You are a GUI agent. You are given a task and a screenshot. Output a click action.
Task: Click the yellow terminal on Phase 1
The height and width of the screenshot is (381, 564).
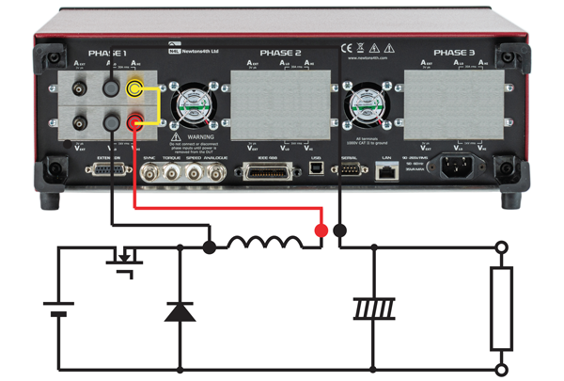tap(137, 90)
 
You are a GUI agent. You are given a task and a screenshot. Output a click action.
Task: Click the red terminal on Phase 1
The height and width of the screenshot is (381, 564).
tap(137, 121)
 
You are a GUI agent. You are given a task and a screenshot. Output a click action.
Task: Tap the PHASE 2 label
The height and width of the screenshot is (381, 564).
tap(280, 54)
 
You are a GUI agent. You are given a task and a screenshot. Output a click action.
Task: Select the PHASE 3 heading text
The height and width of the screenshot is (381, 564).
tap(456, 54)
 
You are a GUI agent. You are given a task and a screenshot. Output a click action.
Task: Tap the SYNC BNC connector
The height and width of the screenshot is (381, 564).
tap(149, 173)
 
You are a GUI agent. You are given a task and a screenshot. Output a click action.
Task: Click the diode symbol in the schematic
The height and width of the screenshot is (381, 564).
tap(175, 310)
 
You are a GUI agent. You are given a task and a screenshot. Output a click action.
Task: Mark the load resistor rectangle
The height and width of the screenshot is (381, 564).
tap(502, 307)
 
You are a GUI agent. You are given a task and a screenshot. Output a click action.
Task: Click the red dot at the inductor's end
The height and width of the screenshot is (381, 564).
tap(320, 230)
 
